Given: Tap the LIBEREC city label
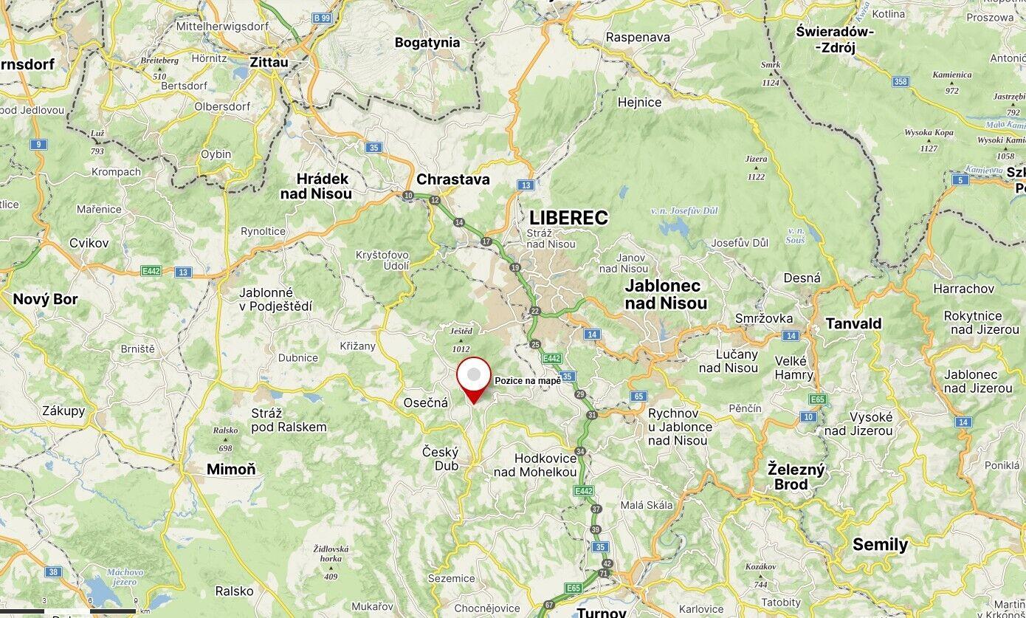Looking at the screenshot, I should [568, 218].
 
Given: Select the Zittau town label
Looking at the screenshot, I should [269, 63].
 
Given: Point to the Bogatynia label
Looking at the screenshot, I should [427, 43].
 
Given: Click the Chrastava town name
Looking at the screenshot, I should [452, 179].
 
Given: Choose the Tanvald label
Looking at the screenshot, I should [853, 323].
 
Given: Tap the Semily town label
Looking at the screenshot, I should [880, 545].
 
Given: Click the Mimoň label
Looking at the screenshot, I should [231, 469].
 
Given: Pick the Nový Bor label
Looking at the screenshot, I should [45, 299].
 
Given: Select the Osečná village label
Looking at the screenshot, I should [426, 402].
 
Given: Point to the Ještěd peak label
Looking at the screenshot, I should [461, 332].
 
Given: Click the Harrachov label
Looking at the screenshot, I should [963, 289].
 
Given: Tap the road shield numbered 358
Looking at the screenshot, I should [901, 81].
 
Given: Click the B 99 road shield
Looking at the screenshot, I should [321, 17].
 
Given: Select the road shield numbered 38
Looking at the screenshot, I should [52, 571].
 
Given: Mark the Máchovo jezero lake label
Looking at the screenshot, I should [125, 577].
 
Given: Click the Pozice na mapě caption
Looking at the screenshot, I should [528, 380].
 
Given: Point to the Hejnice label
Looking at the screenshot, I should [639, 103].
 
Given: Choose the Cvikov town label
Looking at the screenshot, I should [89, 243].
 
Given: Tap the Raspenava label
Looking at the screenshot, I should [638, 37].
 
